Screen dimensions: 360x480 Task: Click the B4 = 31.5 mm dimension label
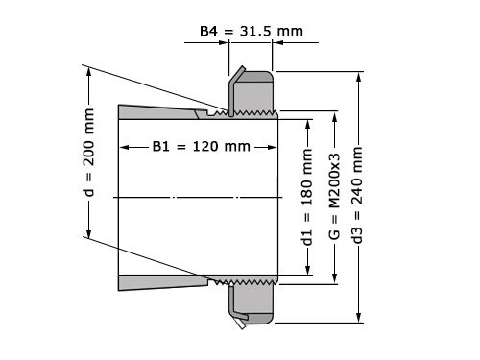(251, 31)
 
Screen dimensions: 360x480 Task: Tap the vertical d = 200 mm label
(88, 152)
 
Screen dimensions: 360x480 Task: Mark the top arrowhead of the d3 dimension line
(358, 76)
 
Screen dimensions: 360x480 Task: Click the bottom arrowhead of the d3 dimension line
(358, 321)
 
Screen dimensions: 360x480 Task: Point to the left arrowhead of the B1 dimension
(124, 147)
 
